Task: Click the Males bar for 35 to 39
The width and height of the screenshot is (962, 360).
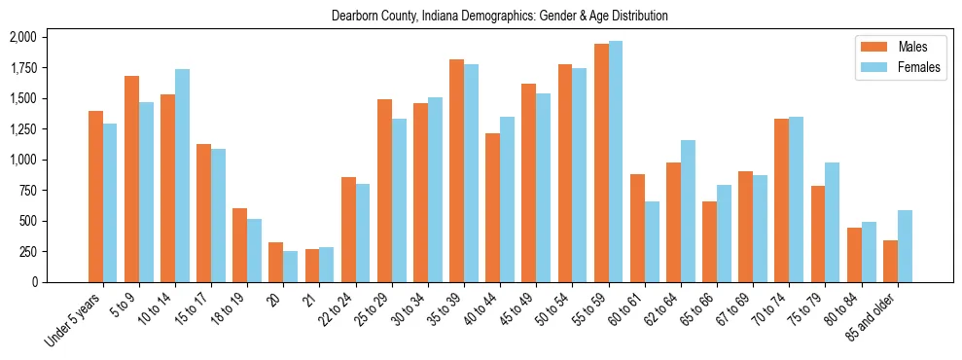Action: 456,171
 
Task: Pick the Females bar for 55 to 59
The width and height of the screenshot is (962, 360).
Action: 616,162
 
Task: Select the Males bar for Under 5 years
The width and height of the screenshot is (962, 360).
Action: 95,197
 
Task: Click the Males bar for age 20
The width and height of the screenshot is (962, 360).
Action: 275,262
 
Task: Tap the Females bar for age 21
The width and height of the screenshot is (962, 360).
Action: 327,265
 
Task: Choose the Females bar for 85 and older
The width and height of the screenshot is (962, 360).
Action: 905,246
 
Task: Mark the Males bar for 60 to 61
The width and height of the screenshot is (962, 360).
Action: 637,228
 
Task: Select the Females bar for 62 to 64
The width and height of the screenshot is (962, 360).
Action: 688,211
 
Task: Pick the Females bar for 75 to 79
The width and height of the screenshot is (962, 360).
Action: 833,222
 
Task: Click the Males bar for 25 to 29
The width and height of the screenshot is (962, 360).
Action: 384,191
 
